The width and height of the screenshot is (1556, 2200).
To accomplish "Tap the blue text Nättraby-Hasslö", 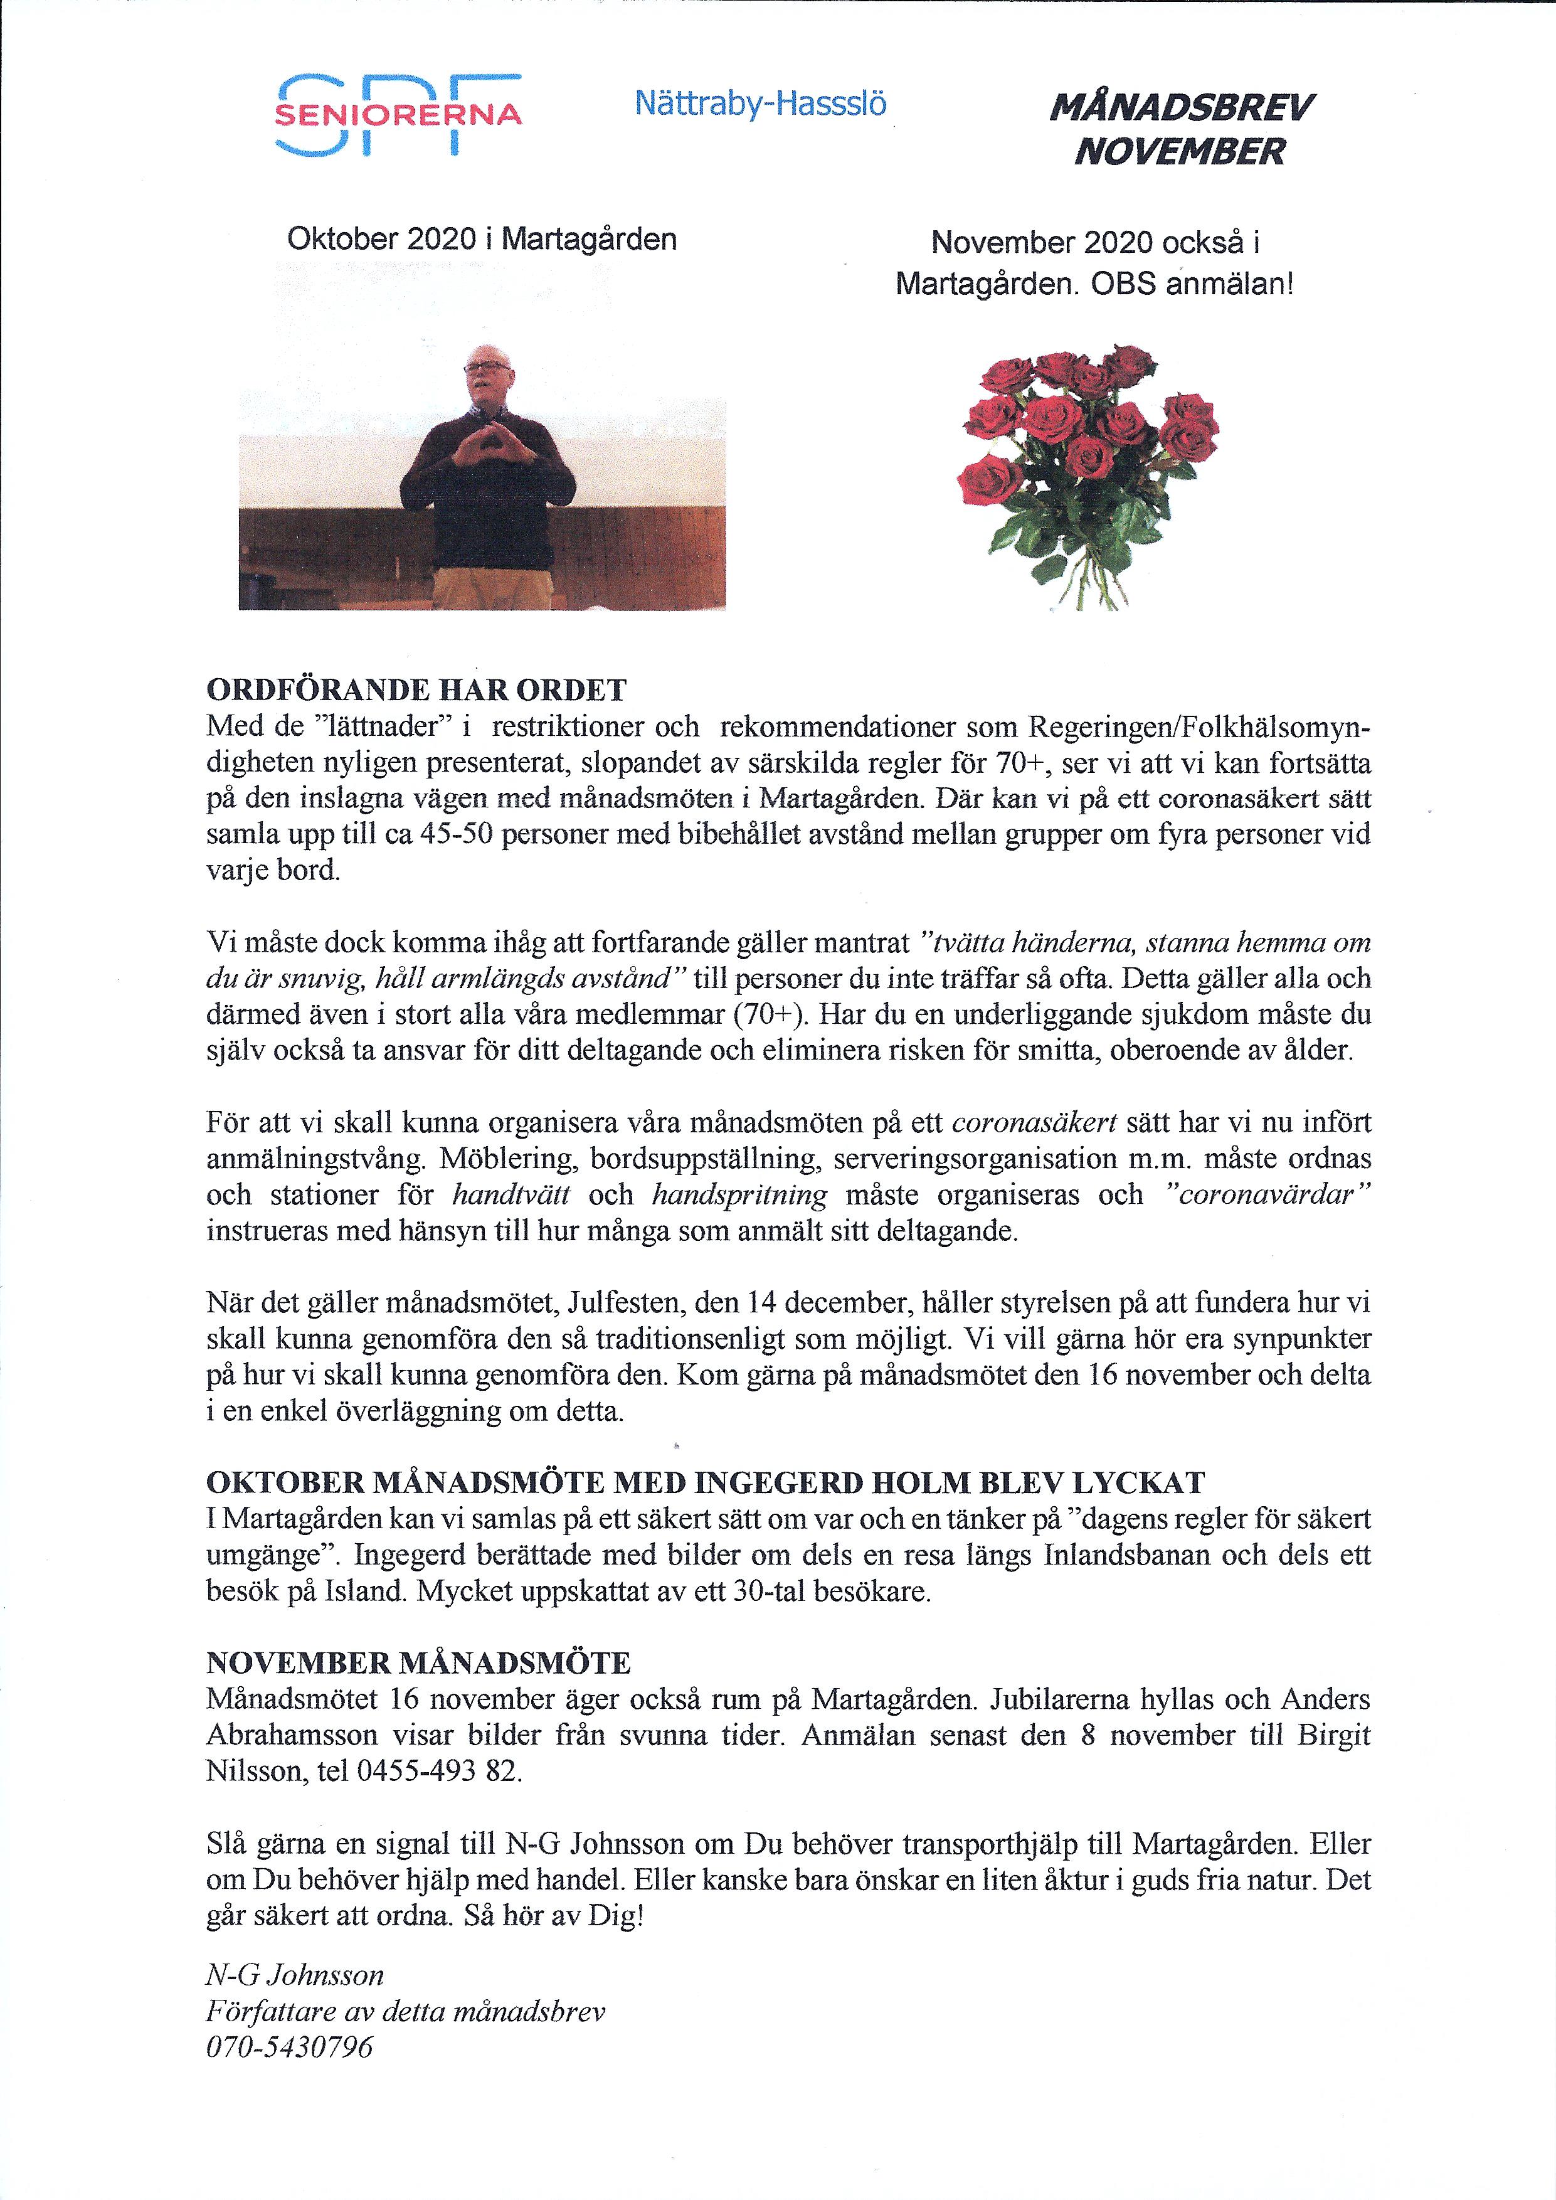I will point(759,104).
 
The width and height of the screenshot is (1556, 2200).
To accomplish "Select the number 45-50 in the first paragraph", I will point(456,834).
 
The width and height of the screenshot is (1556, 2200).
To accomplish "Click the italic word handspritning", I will point(739,1195).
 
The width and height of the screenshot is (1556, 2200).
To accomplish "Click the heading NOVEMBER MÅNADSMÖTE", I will point(418,1662).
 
